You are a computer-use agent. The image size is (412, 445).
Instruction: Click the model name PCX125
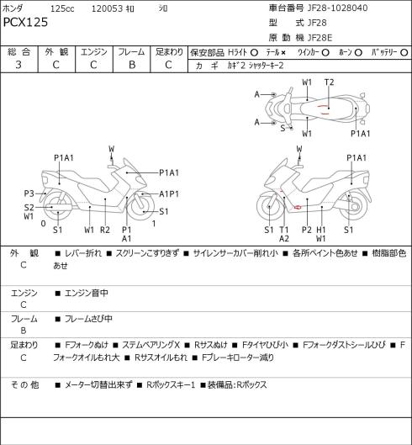click(25, 22)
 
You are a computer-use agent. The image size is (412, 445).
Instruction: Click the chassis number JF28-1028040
click(337, 8)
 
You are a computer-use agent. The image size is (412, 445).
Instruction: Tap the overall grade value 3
click(18, 65)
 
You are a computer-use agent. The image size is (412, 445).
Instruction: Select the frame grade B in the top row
click(132, 65)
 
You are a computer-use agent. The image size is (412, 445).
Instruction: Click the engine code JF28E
click(320, 38)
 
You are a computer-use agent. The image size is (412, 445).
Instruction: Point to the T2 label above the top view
click(329, 82)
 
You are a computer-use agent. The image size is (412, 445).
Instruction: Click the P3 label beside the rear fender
click(29, 193)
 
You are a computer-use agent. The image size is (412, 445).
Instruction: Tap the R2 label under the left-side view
click(105, 230)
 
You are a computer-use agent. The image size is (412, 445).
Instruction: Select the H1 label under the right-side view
click(321, 230)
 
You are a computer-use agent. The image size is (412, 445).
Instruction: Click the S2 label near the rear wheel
click(29, 208)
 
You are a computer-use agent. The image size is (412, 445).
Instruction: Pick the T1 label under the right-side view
click(284, 230)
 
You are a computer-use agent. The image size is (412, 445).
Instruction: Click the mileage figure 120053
click(108, 8)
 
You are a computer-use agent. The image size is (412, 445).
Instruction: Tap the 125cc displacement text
click(62, 8)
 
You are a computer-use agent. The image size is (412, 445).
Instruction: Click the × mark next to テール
click(283, 53)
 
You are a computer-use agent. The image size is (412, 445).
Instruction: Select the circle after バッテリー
click(404, 53)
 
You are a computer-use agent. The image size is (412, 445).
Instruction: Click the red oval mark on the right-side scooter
click(298, 207)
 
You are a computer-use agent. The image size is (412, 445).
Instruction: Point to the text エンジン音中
click(87, 293)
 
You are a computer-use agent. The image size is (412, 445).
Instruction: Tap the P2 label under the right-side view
click(307, 230)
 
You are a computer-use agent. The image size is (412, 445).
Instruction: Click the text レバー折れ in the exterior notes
click(83, 253)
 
